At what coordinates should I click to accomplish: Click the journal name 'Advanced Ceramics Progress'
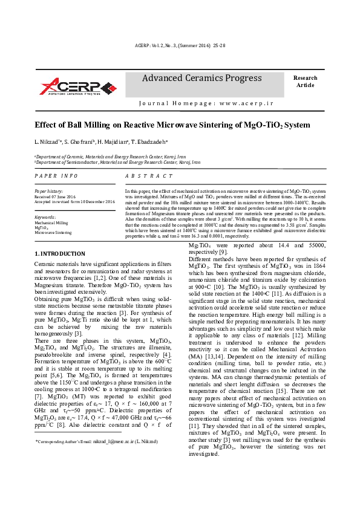coord(201,78)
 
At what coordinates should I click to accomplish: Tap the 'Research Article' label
coord(305,82)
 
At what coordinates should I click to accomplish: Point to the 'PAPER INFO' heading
coord(56,175)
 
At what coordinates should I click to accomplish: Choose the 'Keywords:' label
coord(45,216)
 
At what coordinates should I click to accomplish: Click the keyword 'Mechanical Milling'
coord(51,222)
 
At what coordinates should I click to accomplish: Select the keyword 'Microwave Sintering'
coord(53,232)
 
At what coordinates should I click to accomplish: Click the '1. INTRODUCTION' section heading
coord(60,253)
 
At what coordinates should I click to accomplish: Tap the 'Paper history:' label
coord(48,192)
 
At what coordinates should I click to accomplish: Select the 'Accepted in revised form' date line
coord(68,202)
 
